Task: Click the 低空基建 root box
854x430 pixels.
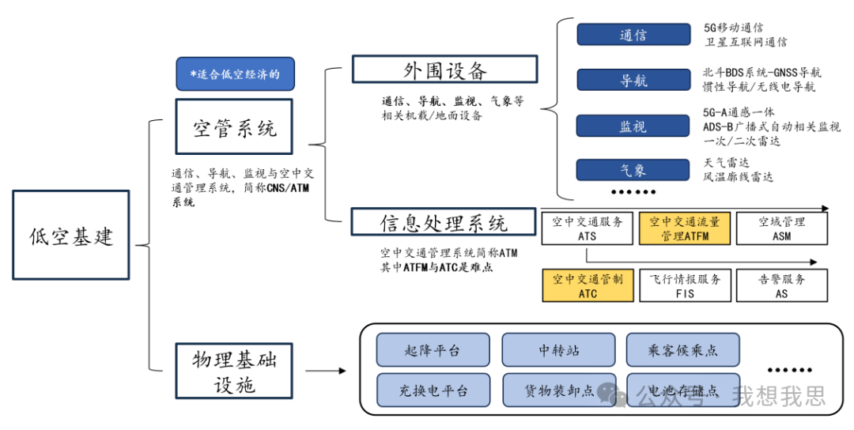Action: point(71,235)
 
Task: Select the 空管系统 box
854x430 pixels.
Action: point(234,126)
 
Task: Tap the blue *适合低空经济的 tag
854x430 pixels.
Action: point(235,74)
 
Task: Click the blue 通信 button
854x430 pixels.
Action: point(633,35)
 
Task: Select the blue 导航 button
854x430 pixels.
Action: point(633,81)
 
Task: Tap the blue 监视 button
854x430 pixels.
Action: point(633,126)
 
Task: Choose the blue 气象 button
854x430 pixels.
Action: point(633,170)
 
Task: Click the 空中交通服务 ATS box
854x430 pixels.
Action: point(588,228)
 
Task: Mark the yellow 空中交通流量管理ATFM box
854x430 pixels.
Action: point(685,228)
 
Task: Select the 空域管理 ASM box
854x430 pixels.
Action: point(782,228)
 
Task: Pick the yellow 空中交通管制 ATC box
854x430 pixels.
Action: point(588,285)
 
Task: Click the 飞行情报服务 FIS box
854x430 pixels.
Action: point(685,285)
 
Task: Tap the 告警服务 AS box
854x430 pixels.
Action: point(782,285)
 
